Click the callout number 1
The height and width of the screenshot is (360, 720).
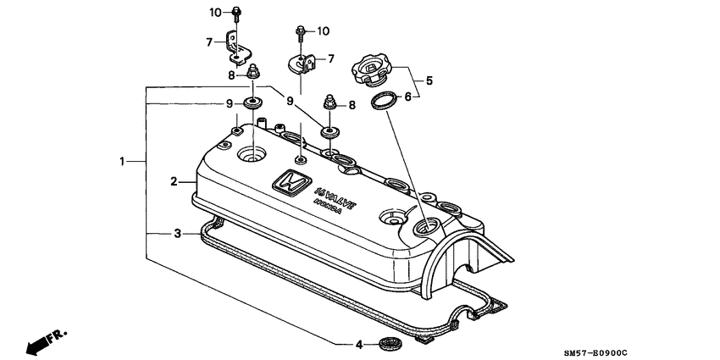click(123, 160)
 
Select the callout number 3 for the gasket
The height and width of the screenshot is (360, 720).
click(177, 233)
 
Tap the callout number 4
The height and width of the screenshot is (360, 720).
click(359, 344)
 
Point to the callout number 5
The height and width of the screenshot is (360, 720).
click(429, 81)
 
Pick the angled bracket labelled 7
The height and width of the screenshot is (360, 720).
click(235, 48)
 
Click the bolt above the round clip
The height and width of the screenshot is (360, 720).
click(301, 34)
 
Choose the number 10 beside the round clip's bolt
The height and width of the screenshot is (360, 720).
click(323, 31)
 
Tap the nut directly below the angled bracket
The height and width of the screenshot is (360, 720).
click(253, 75)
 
